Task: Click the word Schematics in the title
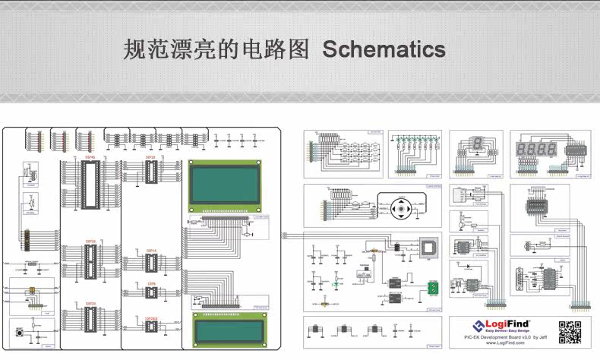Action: [x=384, y=50]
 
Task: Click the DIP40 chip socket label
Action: [x=90, y=157]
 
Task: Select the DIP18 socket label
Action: [x=150, y=157]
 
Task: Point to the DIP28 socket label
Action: [x=90, y=241]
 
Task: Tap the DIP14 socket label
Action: [x=151, y=250]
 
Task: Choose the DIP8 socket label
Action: [x=151, y=283]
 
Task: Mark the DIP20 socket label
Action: [x=90, y=303]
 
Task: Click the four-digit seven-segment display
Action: [x=538, y=148]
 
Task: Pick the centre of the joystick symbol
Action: [x=402, y=207]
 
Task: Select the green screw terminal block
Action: [x=432, y=288]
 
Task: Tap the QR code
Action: [x=570, y=333]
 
